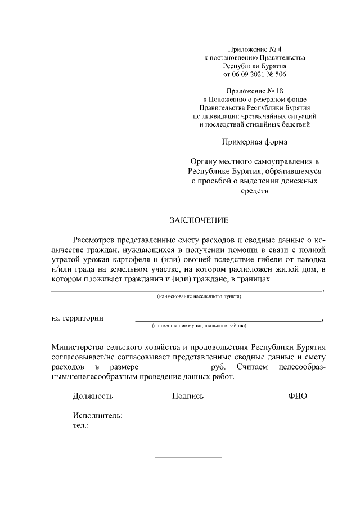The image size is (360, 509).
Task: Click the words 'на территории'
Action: [x=77, y=318]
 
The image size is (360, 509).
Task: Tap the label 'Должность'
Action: [x=93, y=396]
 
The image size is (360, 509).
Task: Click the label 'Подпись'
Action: [x=188, y=396]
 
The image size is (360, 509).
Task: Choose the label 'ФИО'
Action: [x=297, y=396]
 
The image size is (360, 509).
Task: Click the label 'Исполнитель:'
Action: [x=97, y=416]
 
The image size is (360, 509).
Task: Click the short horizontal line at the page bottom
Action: [x=188, y=457]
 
